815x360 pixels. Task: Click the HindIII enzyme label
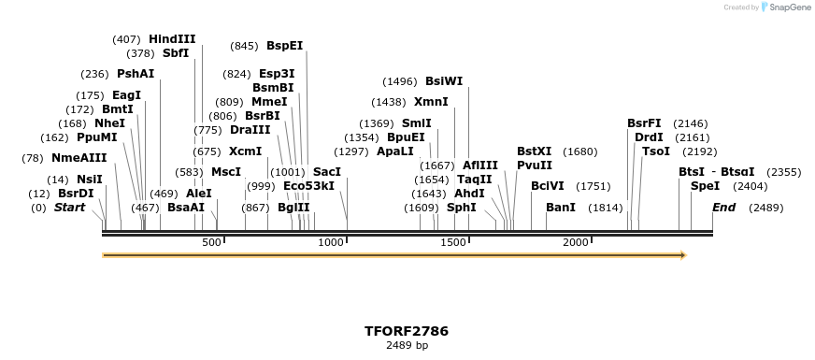coord(172,39)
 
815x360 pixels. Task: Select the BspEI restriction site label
coord(284,45)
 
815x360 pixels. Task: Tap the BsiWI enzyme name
coord(444,81)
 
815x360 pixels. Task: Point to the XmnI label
coord(431,102)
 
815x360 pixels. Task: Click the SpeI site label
coord(705,186)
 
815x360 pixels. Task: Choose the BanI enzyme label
coord(561,207)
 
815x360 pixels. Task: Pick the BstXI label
coord(535,151)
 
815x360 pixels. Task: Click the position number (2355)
coord(783,172)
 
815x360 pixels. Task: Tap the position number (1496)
coord(401,81)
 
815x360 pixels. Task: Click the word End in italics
coord(723,207)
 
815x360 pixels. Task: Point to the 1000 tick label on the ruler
coord(331,242)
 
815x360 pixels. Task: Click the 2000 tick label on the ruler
coord(575,242)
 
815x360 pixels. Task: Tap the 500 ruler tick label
coord(211,242)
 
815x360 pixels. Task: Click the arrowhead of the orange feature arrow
coord(682,255)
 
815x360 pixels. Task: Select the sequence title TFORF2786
coord(407,331)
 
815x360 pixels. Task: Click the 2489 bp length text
coord(407,345)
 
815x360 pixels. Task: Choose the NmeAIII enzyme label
coord(79,158)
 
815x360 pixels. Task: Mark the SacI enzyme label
coord(327,172)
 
